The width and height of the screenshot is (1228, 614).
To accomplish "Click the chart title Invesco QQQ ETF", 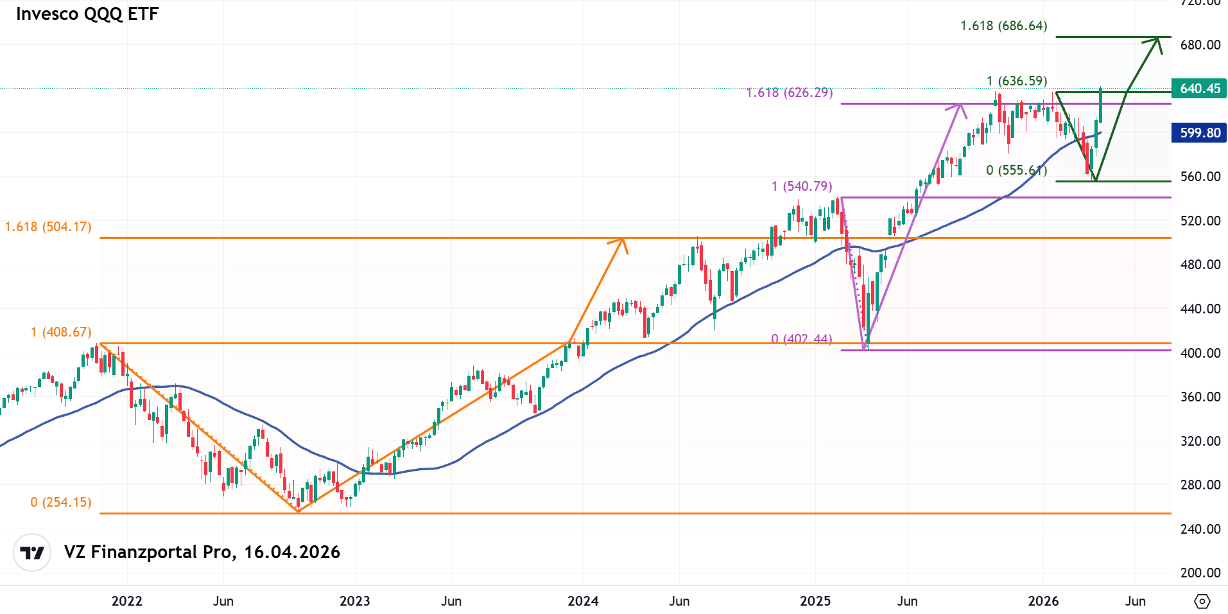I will [87, 14].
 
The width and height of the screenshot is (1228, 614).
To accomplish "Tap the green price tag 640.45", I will [1198, 89].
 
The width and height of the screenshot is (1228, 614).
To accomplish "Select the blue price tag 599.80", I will [1198, 133].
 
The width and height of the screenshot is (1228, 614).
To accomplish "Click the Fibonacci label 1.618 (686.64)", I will [1003, 26].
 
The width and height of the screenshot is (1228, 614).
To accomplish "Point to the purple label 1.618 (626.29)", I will [789, 92].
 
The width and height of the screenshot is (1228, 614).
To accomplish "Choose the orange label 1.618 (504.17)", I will [48, 227].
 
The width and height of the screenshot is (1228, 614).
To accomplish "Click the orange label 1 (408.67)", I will [61, 332].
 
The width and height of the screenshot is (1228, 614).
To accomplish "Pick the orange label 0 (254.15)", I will [61, 502].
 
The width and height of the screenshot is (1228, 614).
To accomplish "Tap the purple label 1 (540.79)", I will [802, 186].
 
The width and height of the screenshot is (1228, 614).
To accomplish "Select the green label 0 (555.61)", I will [1016, 170].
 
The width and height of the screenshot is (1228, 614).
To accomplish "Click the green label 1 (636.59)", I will [1017, 81].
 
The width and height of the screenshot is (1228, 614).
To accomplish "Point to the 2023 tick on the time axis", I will [354, 601].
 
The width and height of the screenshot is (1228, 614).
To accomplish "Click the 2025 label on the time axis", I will [815, 601].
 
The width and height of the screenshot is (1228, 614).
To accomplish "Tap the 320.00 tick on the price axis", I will [1200, 441].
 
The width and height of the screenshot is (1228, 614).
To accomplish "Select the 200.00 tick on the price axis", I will [1200, 573].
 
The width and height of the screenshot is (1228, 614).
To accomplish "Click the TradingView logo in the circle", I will [32, 552].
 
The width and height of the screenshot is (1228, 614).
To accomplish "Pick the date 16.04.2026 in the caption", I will [292, 552].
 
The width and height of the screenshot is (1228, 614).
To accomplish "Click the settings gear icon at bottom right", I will [1202, 601].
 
